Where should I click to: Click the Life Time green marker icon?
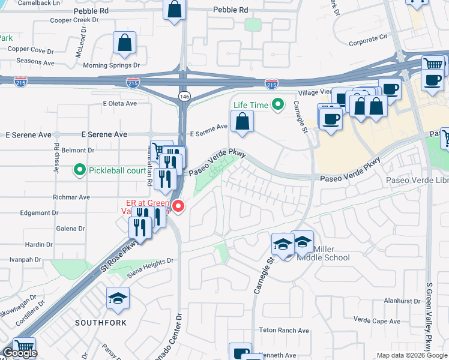[277, 105]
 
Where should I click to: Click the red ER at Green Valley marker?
[178, 206]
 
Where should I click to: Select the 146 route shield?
[184, 96]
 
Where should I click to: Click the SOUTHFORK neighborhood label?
[100, 323]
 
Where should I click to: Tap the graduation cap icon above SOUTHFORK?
[118, 298]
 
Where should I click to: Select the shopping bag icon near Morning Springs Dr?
[125, 43]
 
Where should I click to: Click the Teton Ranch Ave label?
[284, 331]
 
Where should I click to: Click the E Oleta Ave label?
[119, 103]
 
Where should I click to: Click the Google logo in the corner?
[20, 353]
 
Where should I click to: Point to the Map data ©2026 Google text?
[412, 355]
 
